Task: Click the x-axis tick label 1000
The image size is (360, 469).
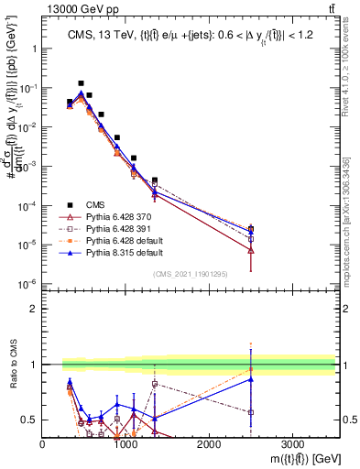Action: pyautogui.click(x=125, y=443)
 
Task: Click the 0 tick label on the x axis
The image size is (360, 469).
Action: pyautogui.click(x=43, y=443)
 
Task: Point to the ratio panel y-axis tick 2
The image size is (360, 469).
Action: pyautogui.click(x=32, y=309)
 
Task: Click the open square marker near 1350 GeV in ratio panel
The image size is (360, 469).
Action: pyautogui.click(x=155, y=383)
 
